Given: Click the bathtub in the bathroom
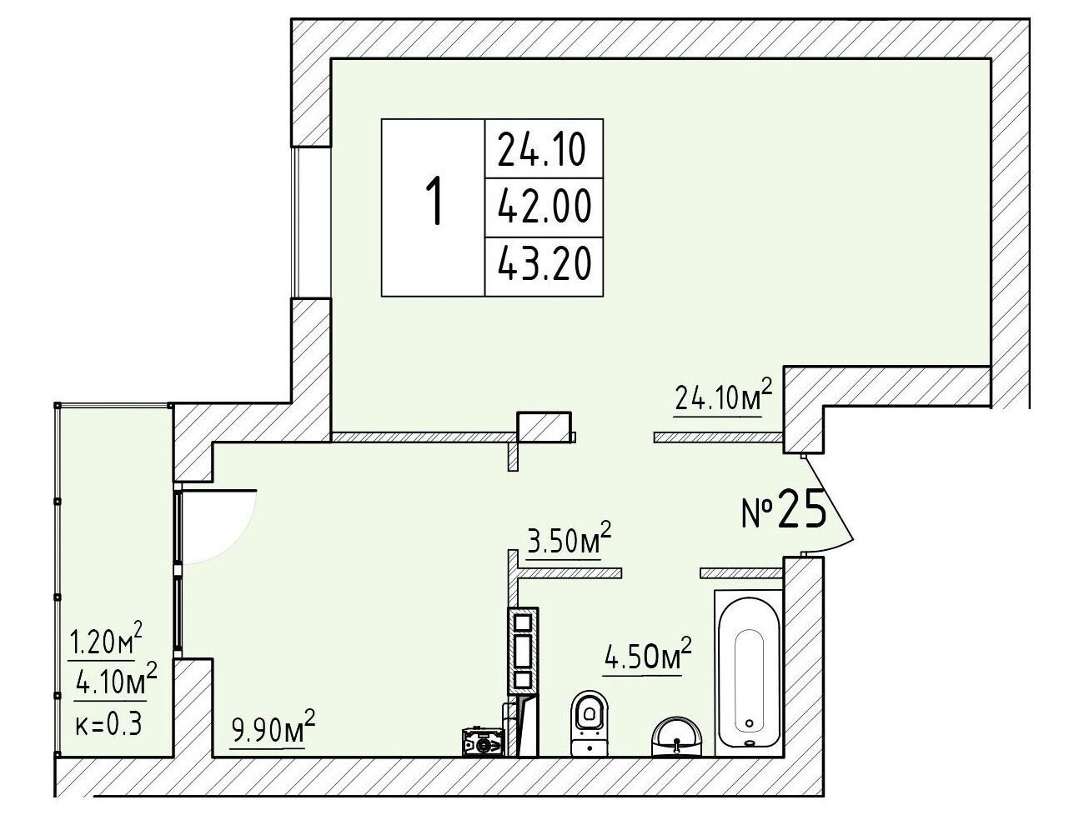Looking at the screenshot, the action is click(749, 674).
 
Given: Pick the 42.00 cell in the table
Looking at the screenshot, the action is click(544, 207).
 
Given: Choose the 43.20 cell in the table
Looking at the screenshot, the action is click(544, 264).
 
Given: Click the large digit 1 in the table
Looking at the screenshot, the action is click(434, 202).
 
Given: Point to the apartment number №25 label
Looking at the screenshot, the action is click(785, 508).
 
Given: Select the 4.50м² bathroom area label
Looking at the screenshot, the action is click(647, 655).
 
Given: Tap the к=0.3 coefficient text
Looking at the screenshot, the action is click(108, 724).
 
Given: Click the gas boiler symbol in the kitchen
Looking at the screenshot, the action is click(483, 742).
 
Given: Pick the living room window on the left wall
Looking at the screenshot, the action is click(296, 222).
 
